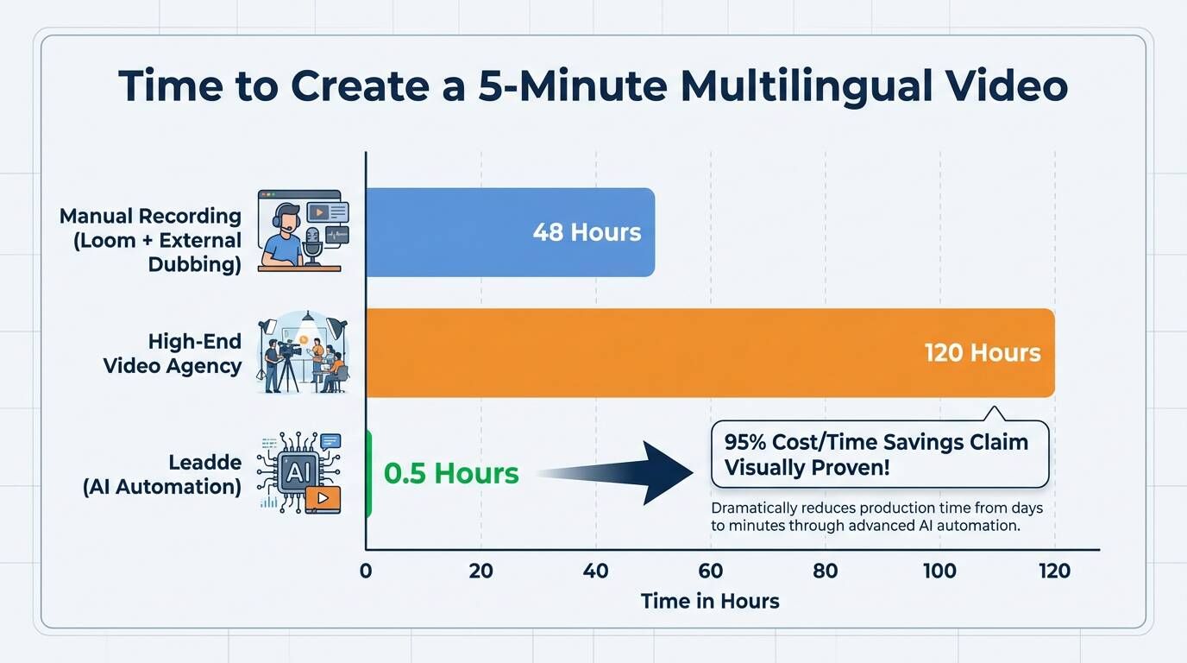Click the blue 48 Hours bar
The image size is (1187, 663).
[x=511, y=232]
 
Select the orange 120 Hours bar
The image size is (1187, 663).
[x=710, y=353]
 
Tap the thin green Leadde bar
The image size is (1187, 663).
[x=369, y=474]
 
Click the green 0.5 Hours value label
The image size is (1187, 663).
[x=451, y=473]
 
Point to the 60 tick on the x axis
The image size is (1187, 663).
[x=711, y=571]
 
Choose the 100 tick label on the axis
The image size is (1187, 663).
[x=939, y=571]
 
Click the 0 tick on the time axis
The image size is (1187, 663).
[x=366, y=571]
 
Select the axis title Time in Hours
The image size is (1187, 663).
[x=710, y=601]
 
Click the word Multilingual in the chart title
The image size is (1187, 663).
[x=805, y=86]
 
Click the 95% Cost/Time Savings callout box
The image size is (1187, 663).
[x=880, y=454]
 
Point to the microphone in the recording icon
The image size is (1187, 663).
[x=312, y=245]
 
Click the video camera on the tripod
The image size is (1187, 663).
[x=288, y=351]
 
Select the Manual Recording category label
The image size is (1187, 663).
[x=150, y=240]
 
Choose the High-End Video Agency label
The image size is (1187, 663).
[x=173, y=353]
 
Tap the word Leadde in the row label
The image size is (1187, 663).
[x=205, y=462]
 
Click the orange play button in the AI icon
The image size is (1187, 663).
[x=323, y=499]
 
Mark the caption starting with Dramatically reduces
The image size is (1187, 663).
[x=877, y=516]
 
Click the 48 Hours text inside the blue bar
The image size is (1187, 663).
[x=587, y=232]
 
